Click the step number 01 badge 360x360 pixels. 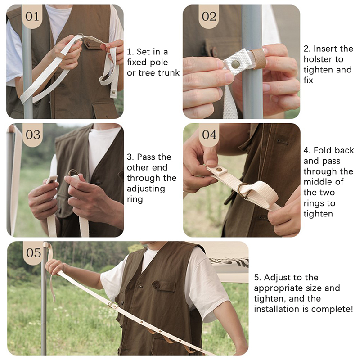click(32, 17)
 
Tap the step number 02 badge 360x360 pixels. click(209, 17)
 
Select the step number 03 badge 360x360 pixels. click(32, 135)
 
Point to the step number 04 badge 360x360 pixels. click(209, 135)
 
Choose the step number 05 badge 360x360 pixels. click(33, 253)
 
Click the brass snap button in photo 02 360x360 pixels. click(235, 64)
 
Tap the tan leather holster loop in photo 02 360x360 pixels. click(258, 58)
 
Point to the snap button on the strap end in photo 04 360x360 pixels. click(220, 170)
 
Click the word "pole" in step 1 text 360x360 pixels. click(159, 63)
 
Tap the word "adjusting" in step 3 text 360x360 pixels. click(146, 189)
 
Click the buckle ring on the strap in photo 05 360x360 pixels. click(112, 305)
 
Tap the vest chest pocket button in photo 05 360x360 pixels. click(157, 285)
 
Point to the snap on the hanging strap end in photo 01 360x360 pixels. click(113, 92)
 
